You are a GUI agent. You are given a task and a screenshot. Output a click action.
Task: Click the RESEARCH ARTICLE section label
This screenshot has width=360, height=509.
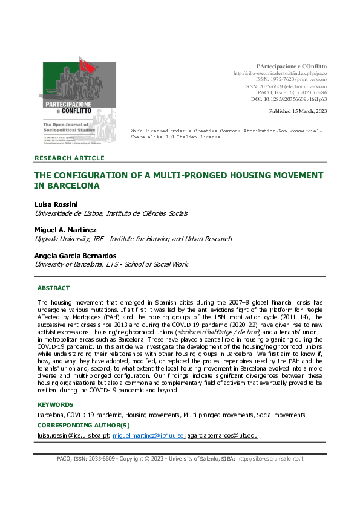70,158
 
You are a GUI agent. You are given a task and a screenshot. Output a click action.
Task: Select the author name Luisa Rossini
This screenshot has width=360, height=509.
56,204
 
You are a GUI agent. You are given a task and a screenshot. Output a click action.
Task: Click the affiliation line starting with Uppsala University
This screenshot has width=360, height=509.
133,239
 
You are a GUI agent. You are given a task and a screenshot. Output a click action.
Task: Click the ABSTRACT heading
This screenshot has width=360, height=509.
53,288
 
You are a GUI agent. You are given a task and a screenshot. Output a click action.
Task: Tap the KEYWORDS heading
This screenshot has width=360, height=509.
55,404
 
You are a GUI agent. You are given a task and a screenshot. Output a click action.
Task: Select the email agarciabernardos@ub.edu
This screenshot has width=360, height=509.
223,435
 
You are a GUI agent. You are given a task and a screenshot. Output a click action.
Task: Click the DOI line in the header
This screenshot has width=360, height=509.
289,99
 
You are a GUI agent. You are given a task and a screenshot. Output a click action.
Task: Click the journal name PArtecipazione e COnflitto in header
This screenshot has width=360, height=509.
291,65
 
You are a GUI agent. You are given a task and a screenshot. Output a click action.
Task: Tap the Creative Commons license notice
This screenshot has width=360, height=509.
226,134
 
